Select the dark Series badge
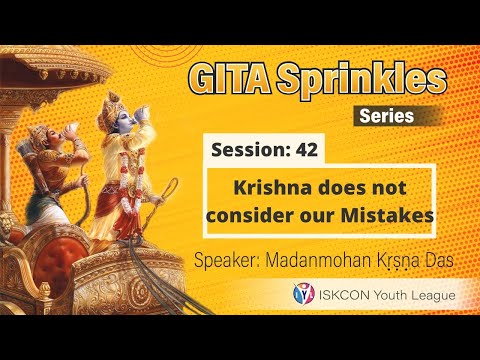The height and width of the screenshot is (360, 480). click(x=385, y=116)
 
